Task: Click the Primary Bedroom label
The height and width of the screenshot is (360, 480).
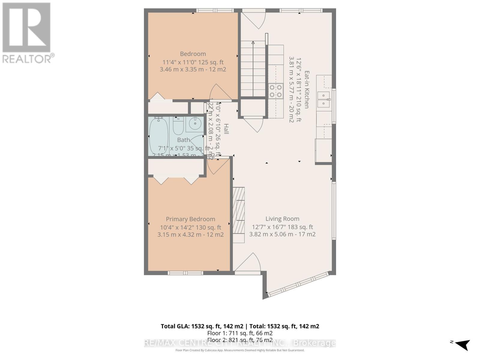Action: tap(190, 219)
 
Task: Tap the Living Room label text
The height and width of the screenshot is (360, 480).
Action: tap(282, 219)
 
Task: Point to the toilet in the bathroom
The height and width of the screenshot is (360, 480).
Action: tap(178, 126)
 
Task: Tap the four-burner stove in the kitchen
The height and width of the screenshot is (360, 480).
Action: tap(276, 91)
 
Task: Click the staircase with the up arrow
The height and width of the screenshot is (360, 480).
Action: tap(253, 69)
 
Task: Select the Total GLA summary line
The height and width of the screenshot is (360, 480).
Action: tap(240, 326)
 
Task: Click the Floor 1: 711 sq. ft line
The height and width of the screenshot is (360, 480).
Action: tap(240, 333)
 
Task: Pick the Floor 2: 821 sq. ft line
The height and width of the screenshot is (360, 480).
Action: tap(240, 340)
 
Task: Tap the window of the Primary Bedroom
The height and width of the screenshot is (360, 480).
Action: tap(185, 273)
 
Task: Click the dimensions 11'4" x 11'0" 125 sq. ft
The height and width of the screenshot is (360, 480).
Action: tap(193, 62)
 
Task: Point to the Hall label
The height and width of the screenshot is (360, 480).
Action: tap(226, 129)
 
